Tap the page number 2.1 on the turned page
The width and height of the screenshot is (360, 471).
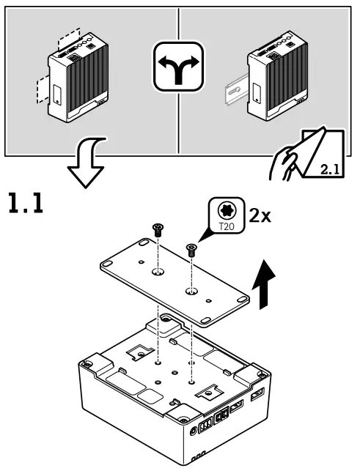tap(330, 171)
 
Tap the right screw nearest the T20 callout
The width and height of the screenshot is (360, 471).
tap(192, 248)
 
